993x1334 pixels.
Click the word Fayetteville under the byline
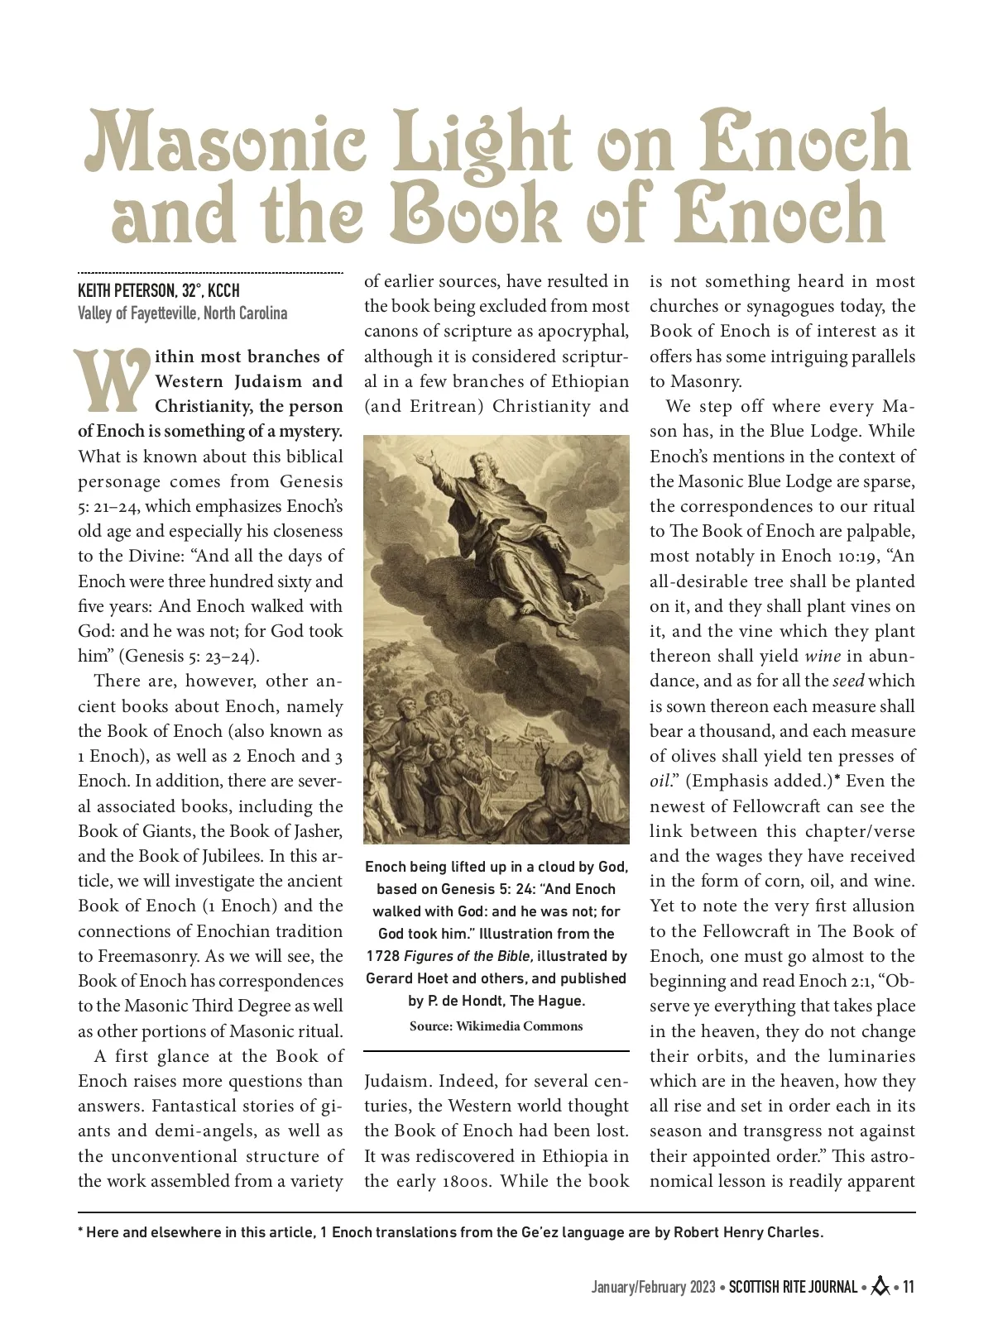(157, 313)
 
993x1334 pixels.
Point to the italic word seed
(848, 681)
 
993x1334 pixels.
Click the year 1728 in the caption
(382, 956)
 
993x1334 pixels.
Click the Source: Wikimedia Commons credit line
(496, 1026)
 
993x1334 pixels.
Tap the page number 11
(908, 1287)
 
